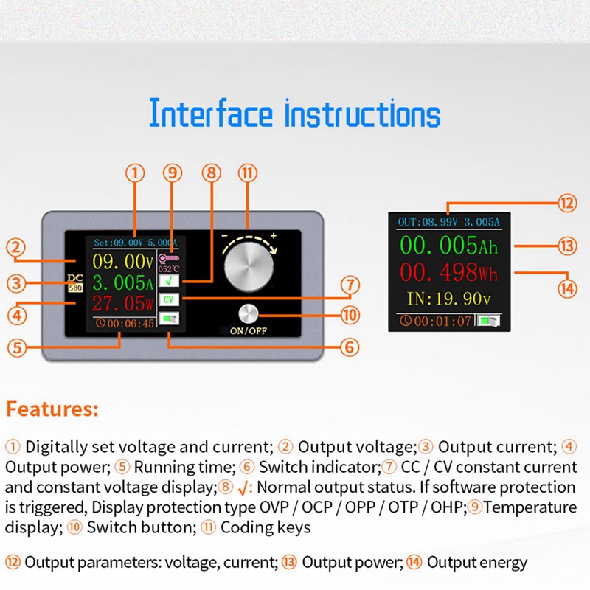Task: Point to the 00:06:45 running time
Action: [125, 323]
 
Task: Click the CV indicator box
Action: [170, 300]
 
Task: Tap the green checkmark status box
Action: [170, 281]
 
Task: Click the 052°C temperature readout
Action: [170, 269]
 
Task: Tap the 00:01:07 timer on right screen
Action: [435, 321]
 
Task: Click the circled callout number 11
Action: [248, 173]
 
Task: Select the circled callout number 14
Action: [566, 288]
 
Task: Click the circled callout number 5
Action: [18, 347]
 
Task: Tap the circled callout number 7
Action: [350, 285]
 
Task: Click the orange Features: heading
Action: [52, 409]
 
